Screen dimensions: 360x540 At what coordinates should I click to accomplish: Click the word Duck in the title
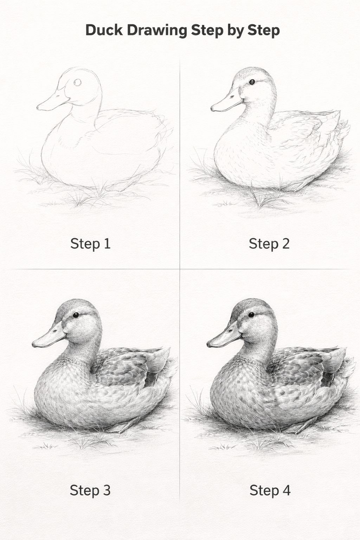[104, 30]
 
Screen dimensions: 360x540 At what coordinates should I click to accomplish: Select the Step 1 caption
[90, 244]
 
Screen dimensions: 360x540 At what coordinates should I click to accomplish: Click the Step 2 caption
[269, 244]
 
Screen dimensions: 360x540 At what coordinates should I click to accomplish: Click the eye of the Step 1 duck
[77, 83]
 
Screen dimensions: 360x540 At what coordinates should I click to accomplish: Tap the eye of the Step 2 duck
[252, 82]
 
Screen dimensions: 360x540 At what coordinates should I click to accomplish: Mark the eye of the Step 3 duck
[76, 315]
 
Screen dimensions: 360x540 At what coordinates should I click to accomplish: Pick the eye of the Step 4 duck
[251, 314]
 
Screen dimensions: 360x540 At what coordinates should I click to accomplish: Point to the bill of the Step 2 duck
[227, 102]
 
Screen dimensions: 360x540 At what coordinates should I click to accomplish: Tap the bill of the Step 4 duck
[224, 335]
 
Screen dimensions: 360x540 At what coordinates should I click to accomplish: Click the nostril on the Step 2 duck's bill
[232, 97]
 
